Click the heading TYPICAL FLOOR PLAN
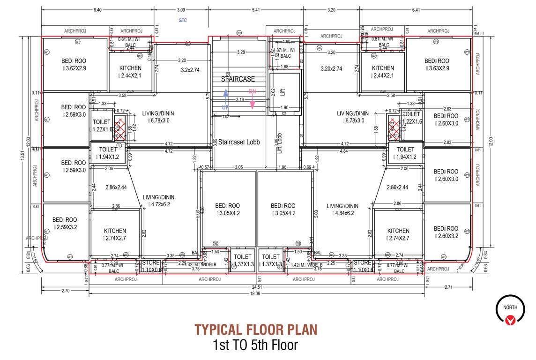click(x=255, y=329)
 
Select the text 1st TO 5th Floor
click(x=255, y=346)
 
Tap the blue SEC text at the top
click(x=183, y=20)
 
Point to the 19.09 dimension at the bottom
click(x=255, y=293)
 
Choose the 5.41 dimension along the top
click(x=256, y=9)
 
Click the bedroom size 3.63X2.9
click(x=438, y=68)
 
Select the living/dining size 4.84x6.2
click(x=343, y=213)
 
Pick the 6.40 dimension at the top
click(x=97, y=9)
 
